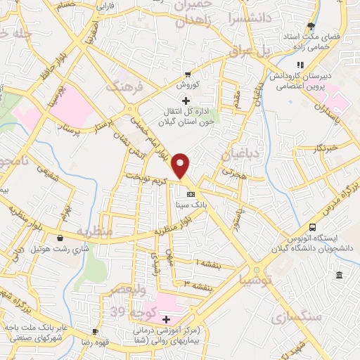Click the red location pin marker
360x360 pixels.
point(181,166)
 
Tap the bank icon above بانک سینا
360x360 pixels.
point(190,195)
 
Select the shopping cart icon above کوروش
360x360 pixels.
point(188,75)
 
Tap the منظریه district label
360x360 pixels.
point(95,231)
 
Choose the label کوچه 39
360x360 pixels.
point(126,310)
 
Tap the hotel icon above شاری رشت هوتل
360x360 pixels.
point(60,239)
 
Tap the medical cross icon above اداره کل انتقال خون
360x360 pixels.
point(186,100)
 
